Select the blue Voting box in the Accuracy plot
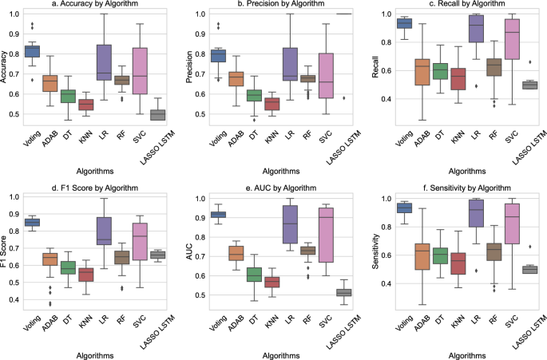[x=31, y=51]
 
